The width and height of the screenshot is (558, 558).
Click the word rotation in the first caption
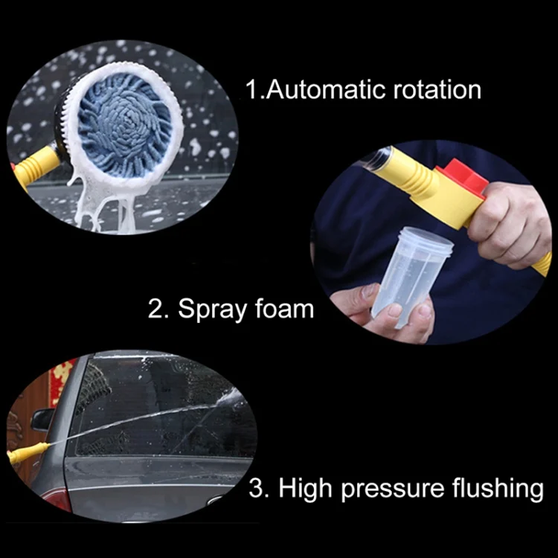pos(432,89)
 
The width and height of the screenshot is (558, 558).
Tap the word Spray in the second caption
pos(211,309)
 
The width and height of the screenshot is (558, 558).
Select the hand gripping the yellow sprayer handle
pos(514,222)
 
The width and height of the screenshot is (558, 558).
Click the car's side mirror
pos(42,419)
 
